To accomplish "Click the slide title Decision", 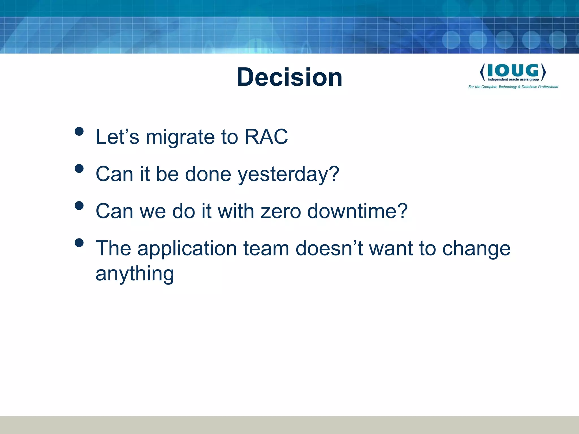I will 289,77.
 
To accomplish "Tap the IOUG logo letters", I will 513,70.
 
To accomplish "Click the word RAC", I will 266,137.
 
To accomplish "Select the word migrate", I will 180,138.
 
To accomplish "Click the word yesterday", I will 288,175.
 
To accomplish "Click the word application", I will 187,249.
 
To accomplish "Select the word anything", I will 135,274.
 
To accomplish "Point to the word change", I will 476,249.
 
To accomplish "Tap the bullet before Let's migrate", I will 79,131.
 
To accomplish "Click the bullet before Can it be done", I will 79,168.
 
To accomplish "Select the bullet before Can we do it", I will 79,205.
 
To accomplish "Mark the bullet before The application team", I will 79,243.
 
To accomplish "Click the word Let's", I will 117,137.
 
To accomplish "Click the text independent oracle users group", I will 513,80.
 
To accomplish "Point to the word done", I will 208,174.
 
